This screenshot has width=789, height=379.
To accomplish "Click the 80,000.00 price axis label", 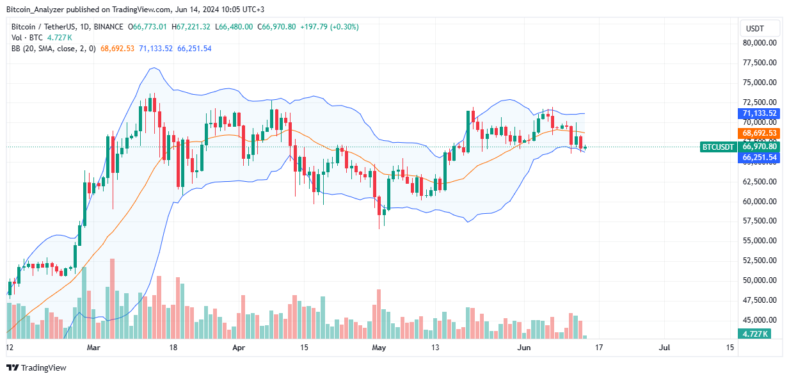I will pyautogui.click(x=759, y=43).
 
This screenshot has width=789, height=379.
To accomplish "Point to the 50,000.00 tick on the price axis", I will pyautogui.click(x=759, y=280).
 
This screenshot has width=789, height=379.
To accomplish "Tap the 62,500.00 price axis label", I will pyautogui.click(x=759, y=181).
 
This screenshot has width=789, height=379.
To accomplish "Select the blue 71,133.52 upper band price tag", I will pyautogui.click(x=760, y=113).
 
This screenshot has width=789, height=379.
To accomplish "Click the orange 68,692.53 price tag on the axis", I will pyautogui.click(x=760, y=133).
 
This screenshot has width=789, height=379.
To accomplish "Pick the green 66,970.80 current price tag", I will pyautogui.click(x=760, y=147).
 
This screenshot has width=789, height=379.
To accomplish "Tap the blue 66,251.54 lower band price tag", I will pyautogui.click(x=760, y=157).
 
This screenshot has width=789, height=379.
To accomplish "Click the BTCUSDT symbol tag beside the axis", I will pyautogui.click(x=718, y=147).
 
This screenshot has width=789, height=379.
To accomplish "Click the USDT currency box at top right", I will pyautogui.click(x=760, y=28).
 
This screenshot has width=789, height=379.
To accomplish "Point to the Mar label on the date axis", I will pyautogui.click(x=93, y=348).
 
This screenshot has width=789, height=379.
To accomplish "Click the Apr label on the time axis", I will pyautogui.click(x=238, y=348).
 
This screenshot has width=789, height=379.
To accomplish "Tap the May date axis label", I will pyautogui.click(x=379, y=348).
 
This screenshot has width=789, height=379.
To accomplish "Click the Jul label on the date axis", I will pyautogui.click(x=664, y=348).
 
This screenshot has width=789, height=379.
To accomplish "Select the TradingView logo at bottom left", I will pyautogui.click(x=36, y=367).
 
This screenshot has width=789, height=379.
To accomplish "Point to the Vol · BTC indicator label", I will pyautogui.click(x=24, y=38).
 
